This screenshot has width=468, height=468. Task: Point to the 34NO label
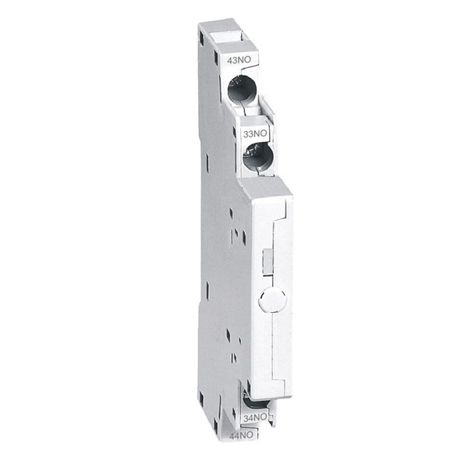[x=256, y=418]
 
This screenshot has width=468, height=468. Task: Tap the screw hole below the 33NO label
[x=257, y=160]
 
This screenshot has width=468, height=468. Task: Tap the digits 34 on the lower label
[x=250, y=418]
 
